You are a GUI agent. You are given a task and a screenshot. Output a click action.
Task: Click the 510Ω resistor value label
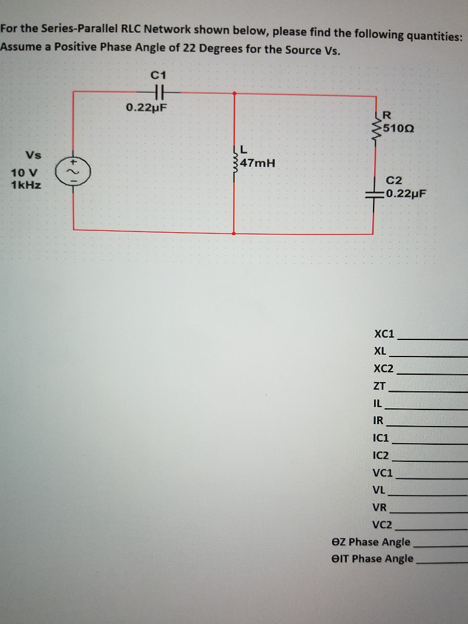pyautogui.click(x=399, y=129)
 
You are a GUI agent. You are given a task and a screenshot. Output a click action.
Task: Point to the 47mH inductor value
pyautogui.click(x=257, y=163)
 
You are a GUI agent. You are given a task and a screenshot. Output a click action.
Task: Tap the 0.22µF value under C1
pyautogui.click(x=146, y=108)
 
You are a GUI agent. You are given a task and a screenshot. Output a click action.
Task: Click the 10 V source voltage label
pyautogui.click(x=24, y=173)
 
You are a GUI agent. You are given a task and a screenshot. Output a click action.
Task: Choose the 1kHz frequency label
pyautogui.click(x=26, y=185)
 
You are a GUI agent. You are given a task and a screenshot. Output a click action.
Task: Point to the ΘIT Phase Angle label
pyautogui.click(x=372, y=558)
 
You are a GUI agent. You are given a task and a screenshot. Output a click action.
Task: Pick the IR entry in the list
pyautogui.click(x=378, y=420)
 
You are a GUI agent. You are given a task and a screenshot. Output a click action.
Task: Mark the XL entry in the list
pyautogui.click(x=380, y=351)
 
